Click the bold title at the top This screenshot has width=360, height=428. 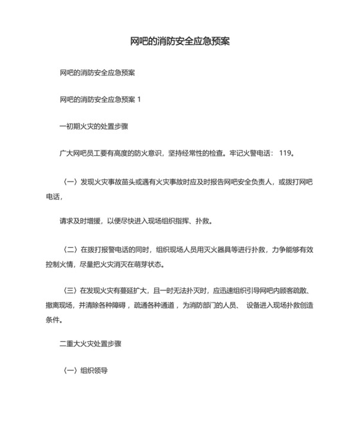tap(179, 41)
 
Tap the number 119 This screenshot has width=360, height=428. tap(284, 153)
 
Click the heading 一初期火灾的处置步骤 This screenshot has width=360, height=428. tap(93, 126)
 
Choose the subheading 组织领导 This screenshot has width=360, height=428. tap(93, 371)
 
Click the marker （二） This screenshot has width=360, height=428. tap(68, 248)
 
